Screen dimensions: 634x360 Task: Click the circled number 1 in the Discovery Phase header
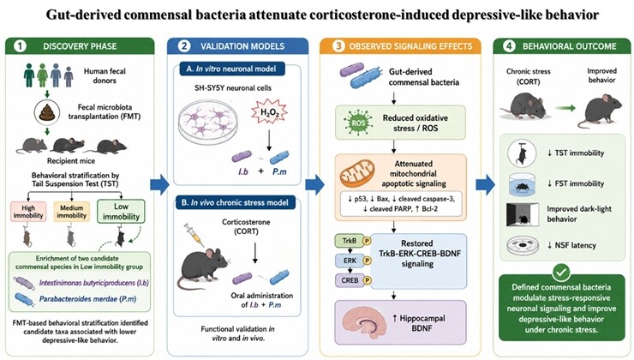click(20, 46)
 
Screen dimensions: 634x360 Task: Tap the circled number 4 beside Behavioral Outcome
click(509, 46)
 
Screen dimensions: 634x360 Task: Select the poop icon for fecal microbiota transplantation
click(47, 111)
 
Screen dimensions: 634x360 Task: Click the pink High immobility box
click(28, 211)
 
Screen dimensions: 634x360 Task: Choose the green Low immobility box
click(121, 211)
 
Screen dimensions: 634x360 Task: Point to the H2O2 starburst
click(269, 111)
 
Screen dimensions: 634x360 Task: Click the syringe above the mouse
click(194, 235)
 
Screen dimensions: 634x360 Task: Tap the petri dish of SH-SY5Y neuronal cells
click(208, 122)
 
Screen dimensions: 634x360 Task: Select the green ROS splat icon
click(358, 123)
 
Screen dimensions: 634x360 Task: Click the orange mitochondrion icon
click(357, 173)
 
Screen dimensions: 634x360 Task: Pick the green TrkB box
click(350, 241)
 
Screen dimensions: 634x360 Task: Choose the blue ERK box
click(350, 261)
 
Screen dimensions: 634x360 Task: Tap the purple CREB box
click(350, 280)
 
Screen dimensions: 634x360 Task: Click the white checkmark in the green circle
click(561, 273)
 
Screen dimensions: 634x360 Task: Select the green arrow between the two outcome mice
click(565, 108)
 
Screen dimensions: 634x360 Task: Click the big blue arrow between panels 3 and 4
click(485, 185)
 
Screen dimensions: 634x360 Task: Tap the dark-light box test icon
click(523, 214)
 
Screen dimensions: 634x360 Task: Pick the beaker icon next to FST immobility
click(522, 184)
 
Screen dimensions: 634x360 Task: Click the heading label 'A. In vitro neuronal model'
click(232, 69)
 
